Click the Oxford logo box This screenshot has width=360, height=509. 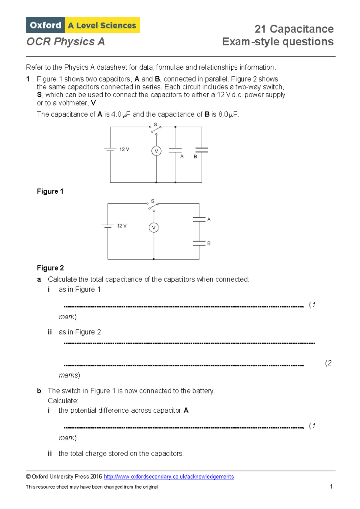(x=45, y=25)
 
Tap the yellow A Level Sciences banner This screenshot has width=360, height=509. (x=102, y=25)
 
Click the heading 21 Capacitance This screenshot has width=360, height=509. (x=294, y=29)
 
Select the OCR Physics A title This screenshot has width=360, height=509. (x=65, y=42)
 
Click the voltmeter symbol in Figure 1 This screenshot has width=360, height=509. (x=156, y=151)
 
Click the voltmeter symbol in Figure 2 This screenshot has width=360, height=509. (x=154, y=228)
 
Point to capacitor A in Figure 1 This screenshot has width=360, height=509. (x=175, y=150)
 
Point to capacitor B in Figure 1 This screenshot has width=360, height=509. (x=202, y=150)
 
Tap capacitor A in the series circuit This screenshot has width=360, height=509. (x=199, y=219)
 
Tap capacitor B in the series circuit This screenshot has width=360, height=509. (x=199, y=243)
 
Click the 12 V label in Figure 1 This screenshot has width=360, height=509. (x=124, y=149)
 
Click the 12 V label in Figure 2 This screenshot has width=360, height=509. (x=122, y=226)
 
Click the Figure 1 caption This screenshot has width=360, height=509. (x=50, y=191)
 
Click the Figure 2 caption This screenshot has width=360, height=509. (x=50, y=268)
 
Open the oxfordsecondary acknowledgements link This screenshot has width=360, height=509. (x=169, y=477)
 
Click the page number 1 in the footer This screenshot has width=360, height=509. (x=331, y=486)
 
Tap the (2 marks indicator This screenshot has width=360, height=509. (x=328, y=363)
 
